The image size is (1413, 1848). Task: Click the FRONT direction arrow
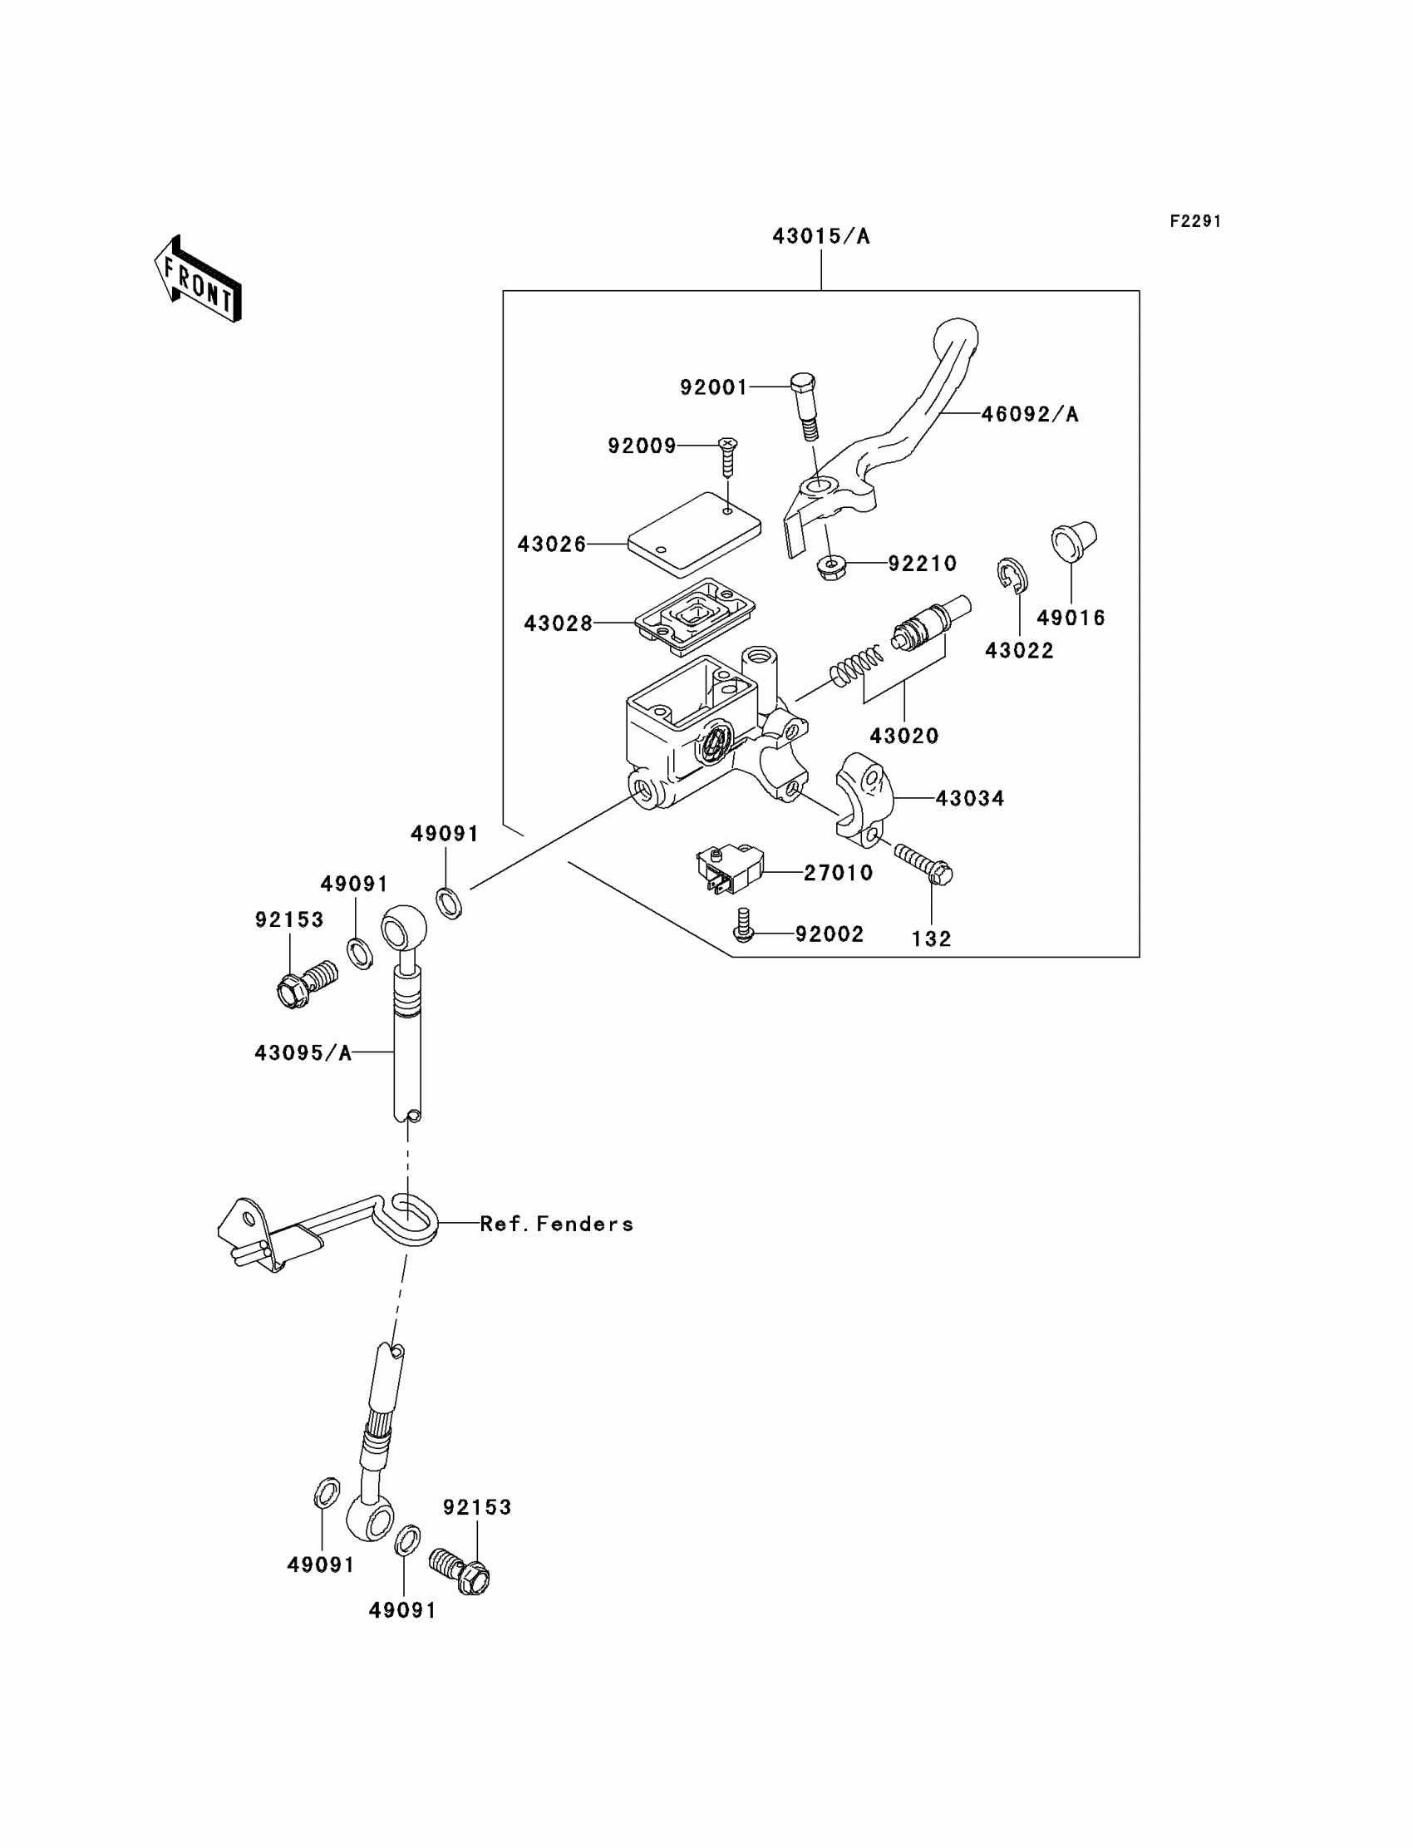pyautogui.click(x=199, y=279)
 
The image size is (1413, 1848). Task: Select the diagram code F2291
pyautogui.click(x=1194, y=221)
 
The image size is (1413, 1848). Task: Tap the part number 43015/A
pyautogui.click(x=821, y=237)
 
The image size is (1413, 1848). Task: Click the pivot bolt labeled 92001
pyautogui.click(x=804, y=405)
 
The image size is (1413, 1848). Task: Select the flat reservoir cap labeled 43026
pyautogui.click(x=695, y=535)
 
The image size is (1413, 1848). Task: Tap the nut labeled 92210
pyautogui.click(x=832, y=569)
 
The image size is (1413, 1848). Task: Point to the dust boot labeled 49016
pyautogui.click(x=1074, y=540)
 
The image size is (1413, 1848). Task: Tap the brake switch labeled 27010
pyautogui.click(x=728, y=870)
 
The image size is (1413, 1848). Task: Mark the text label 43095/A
pyautogui.click(x=303, y=1053)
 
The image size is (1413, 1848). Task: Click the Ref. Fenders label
pyautogui.click(x=556, y=1224)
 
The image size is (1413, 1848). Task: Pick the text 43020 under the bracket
pyautogui.click(x=903, y=736)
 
